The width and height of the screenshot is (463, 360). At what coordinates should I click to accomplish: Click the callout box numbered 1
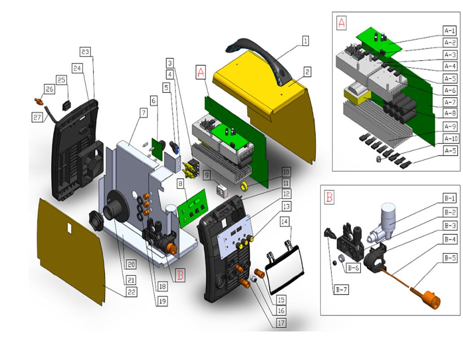305,41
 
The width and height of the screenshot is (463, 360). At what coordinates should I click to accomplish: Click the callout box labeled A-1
450,31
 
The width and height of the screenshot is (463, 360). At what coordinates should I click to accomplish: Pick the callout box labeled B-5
450,258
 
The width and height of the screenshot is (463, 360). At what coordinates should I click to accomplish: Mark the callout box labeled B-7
340,290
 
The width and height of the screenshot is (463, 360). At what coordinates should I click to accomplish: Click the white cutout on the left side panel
69,228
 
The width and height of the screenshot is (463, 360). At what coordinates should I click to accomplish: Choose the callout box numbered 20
131,264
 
